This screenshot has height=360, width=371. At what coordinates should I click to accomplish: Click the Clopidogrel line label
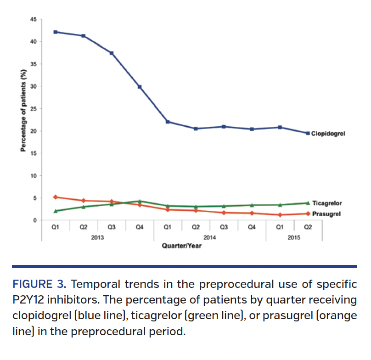[x=328, y=134]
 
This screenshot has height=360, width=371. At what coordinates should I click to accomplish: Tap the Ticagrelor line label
[x=327, y=203]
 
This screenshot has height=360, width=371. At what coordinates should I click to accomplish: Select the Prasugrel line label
[x=326, y=214]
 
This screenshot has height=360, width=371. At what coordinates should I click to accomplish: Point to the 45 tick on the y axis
[x=34, y=19]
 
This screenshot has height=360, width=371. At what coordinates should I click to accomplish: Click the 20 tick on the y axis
[x=34, y=131]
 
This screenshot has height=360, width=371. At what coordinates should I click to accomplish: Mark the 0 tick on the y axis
[x=35, y=220]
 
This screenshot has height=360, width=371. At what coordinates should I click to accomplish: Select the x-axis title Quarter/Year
[x=181, y=246]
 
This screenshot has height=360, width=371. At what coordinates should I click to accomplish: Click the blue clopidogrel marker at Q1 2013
[x=56, y=32]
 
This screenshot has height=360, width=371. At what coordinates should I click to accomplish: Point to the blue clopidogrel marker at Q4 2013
[x=140, y=87]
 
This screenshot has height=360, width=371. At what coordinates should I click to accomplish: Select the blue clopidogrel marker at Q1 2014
[x=168, y=122]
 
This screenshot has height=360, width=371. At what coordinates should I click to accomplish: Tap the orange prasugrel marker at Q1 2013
[x=56, y=197]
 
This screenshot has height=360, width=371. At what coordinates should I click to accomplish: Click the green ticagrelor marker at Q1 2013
[x=56, y=211]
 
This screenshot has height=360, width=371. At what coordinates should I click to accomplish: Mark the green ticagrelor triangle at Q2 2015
[x=308, y=202]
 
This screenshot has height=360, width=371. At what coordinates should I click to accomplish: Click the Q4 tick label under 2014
[x=252, y=227]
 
